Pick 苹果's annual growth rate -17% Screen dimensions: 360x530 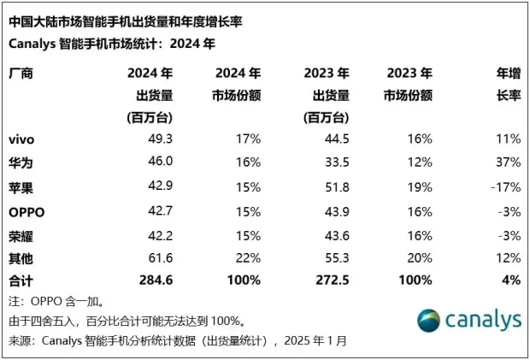503,186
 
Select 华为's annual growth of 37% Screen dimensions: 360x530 507,162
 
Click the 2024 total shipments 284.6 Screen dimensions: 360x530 156,279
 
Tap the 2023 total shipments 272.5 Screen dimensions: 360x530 331,279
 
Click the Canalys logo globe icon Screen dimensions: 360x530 433,321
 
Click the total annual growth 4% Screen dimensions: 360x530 510,279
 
